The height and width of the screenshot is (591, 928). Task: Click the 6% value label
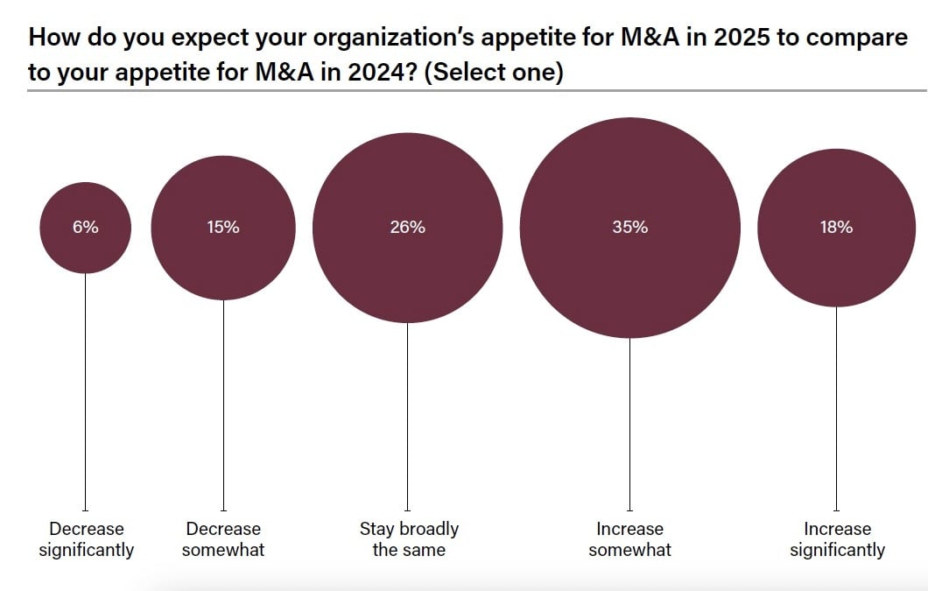pos(86,227)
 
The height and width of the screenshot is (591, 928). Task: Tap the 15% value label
pos(223,227)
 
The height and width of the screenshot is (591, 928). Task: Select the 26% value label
pos(407,227)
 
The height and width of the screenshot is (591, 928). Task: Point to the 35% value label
pos(629,227)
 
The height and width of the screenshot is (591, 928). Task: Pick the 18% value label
pos(836,227)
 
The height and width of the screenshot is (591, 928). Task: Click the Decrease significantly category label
pos(86,539)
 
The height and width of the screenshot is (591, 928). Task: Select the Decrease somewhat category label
pos(223,539)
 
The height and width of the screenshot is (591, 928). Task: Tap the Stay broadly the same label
pos(409,539)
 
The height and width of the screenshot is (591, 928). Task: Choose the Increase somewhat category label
pos(629,539)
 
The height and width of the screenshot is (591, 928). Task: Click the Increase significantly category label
pos(837,539)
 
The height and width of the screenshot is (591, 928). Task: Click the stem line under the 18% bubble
pos(836,407)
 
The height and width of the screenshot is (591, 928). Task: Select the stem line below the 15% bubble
pos(223,404)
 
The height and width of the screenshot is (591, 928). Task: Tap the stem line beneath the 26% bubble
pos(407,416)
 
